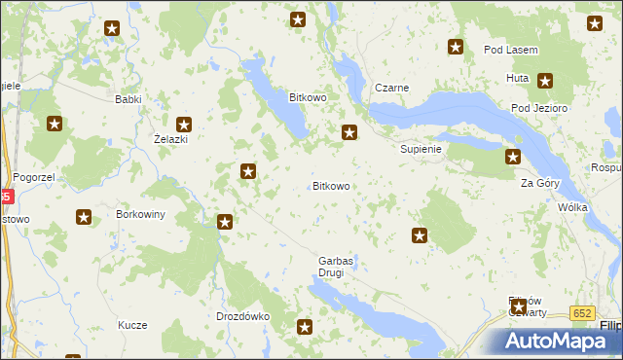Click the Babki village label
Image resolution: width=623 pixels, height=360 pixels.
[x=128, y=99]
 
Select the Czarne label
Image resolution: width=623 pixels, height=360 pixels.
[x=390, y=88]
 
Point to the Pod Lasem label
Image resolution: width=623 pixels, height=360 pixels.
[x=511, y=50]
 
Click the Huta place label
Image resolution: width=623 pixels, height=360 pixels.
[x=517, y=78]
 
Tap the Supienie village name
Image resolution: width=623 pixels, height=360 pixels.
[x=421, y=150]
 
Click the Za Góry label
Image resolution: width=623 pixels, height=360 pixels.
[x=539, y=183]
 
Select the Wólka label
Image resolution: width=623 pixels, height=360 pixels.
[x=572, y=208]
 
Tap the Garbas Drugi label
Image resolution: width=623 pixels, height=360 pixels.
[x=336, y=267]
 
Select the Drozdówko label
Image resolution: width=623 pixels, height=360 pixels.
[x=241, y=316]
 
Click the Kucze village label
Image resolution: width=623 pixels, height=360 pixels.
[x=131, y=324]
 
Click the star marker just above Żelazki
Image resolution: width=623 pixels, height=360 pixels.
[x=183, y=124]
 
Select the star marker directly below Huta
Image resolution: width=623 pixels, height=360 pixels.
[x=545, y=82]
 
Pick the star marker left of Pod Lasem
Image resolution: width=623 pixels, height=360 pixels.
[x=455, y=47]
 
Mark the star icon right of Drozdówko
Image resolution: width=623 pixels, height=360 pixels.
[x=305, y=328]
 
